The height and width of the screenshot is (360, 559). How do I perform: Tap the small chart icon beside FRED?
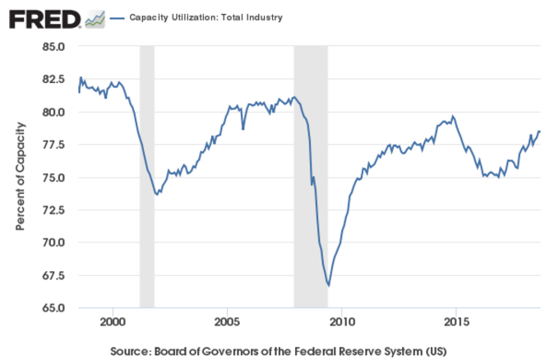pos(95,18)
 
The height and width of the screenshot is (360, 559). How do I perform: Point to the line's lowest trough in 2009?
pos(329,285)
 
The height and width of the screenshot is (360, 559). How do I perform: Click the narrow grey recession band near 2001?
pos(146,177)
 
